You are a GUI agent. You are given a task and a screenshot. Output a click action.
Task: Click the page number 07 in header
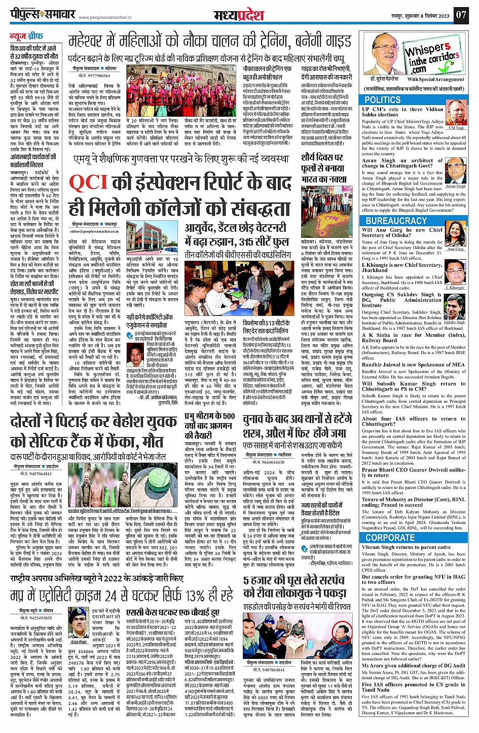pyautogui.click(x=460, y=14)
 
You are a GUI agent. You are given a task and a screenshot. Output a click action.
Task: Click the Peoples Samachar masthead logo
pyautogui.click(x=43, y=14)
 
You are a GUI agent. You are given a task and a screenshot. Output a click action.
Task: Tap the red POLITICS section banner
pyautogui.click(x=383, y=100)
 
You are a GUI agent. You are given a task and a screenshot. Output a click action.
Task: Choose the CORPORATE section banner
pyautogui.click(x=390, y=537)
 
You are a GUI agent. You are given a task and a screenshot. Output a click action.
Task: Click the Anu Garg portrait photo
pyautogui.click(x=456, y=235)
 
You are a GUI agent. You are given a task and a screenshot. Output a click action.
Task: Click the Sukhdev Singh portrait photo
pyautogui.click(x=455, y=306)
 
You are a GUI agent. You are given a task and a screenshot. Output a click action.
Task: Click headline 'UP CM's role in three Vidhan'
pyautogui.click(x=402, y=109)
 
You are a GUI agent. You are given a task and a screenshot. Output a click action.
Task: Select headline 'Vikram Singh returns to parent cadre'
pyautogui.click(x=406, y=547)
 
